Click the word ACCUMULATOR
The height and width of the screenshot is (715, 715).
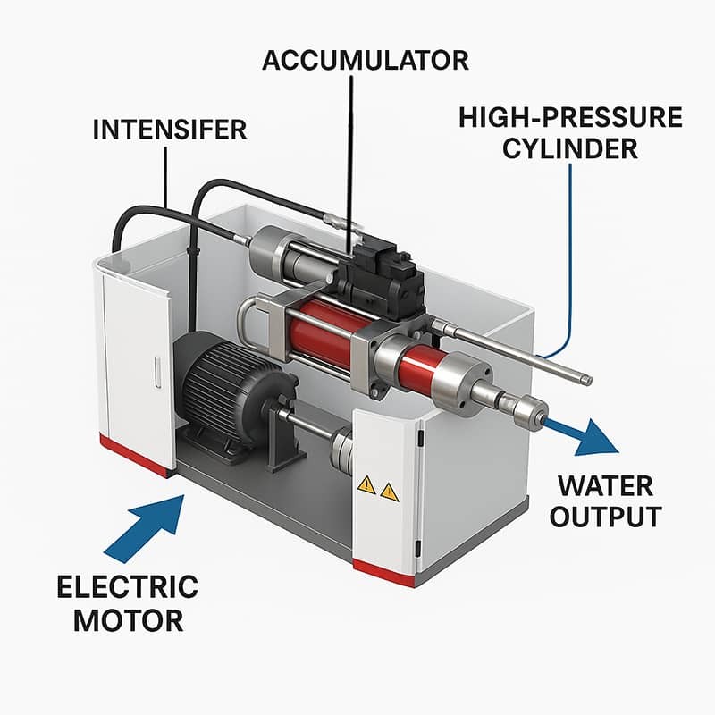click(365, 61)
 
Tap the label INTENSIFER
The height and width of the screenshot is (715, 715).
click(169, 130)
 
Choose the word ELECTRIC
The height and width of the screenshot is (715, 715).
click(127, 587)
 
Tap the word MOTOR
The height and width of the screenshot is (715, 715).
click(127, 618)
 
